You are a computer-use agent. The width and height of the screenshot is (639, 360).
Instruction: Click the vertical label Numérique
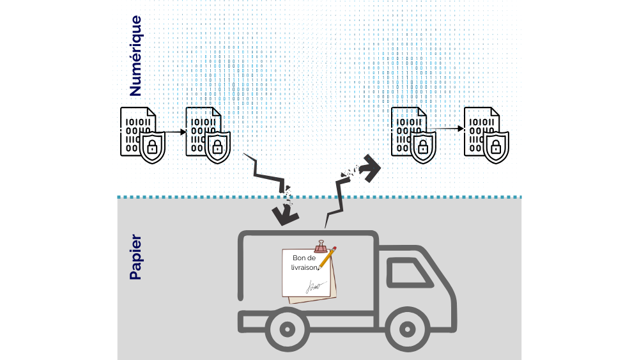(x=135, y=56)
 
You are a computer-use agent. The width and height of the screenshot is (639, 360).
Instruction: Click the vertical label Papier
(x=135, y=257)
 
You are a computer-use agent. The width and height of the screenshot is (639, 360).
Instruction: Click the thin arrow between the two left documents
(x=176, y=132)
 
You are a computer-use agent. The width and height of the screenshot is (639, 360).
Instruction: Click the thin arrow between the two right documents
(x=447, y=129)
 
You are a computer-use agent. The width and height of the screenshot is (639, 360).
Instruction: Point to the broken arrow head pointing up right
(x=369, y=168)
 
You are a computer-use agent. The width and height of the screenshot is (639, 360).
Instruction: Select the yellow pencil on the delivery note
(x=327, y=258)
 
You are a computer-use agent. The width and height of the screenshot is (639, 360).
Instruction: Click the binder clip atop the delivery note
(x=321, y=246)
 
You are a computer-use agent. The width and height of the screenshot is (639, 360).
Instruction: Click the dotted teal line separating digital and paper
(x=319, y=197)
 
